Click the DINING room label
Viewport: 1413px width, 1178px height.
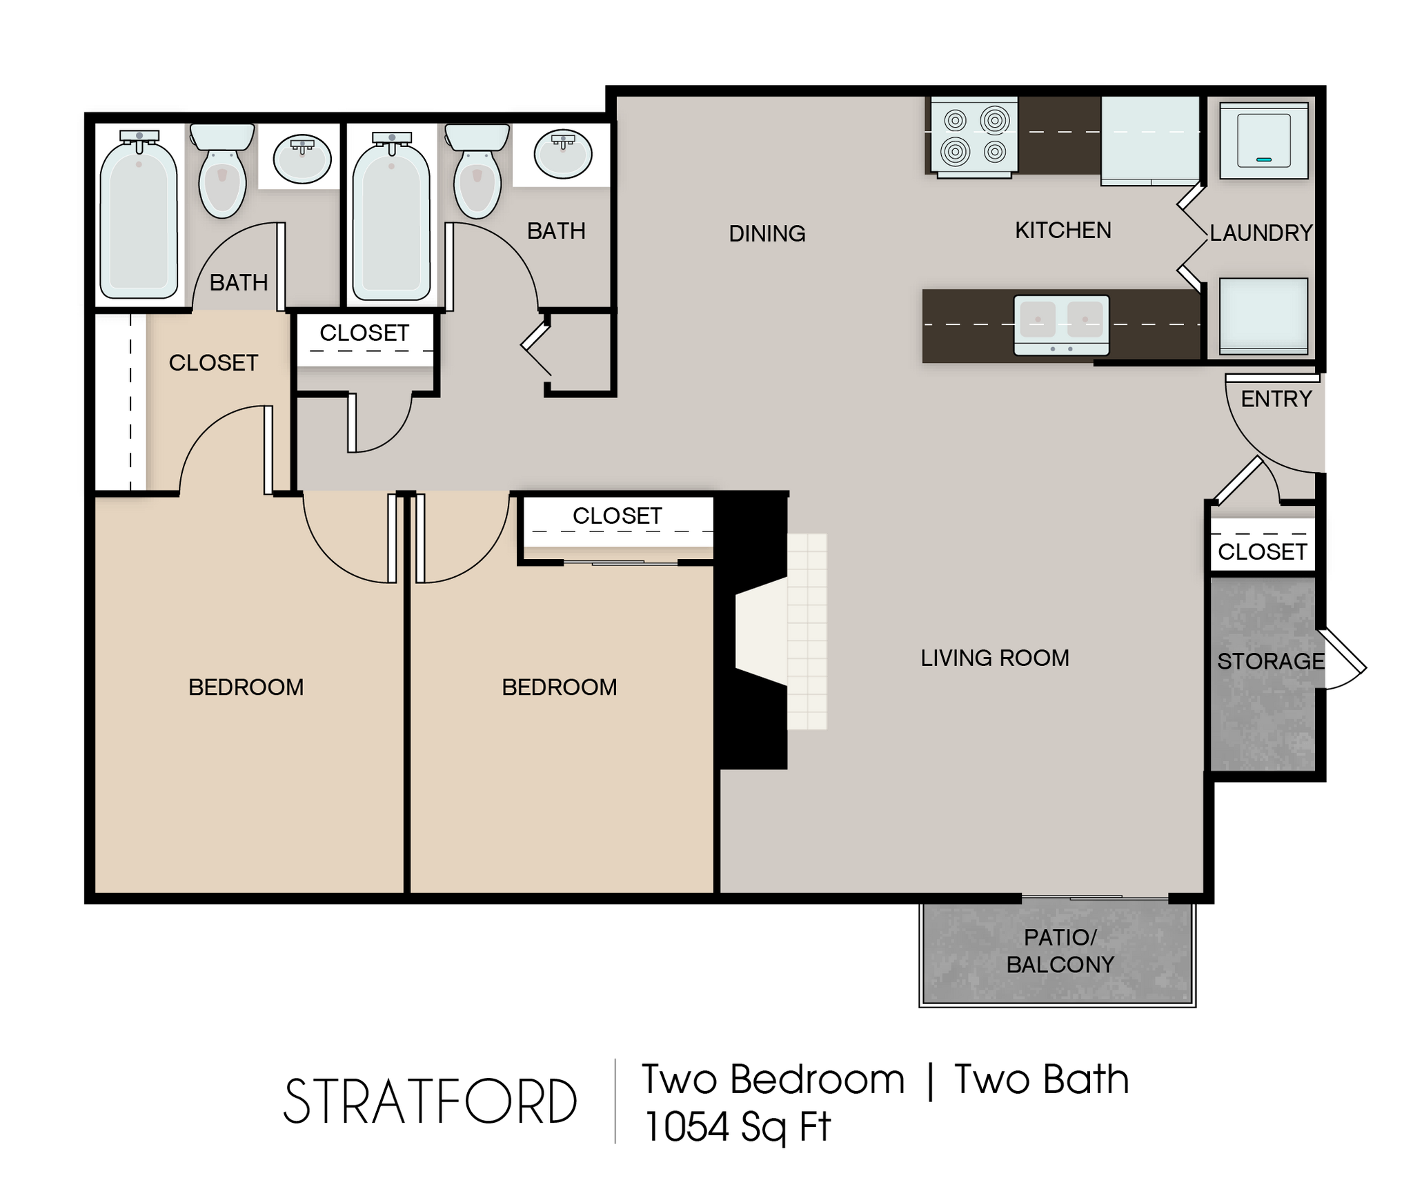tap(767, 234)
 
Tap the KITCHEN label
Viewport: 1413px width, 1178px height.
tap(1063, 230)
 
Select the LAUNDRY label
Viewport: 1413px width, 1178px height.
tap(1261, 233)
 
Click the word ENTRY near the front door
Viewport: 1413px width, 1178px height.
tap(1276, 399)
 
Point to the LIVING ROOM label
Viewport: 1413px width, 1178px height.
tap(994, 658)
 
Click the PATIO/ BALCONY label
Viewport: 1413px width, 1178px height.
tap(1060, 951)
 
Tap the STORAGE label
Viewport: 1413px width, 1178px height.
tap(1270, 661)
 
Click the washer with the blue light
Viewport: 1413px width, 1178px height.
tap(1263, 141)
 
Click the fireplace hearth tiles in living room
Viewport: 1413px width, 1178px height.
tap(807, 631)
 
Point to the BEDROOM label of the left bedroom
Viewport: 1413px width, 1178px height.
tap(246, 687)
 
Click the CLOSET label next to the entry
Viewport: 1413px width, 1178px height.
tap(1262, 552)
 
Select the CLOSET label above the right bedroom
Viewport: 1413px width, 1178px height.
tap(617, 516)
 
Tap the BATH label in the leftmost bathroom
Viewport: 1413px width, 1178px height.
tap(238, 282)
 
